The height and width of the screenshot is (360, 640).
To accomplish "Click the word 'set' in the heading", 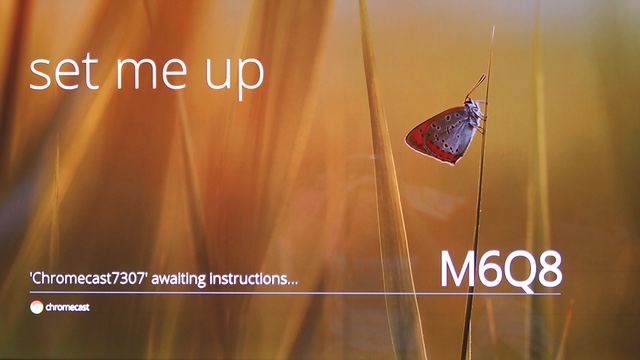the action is (x=64, y=72).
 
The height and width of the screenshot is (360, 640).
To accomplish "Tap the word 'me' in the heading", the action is (x=152, y=74).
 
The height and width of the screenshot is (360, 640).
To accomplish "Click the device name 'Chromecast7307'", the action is (x=88, y=279).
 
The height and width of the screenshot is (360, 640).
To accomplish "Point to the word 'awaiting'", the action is (x=178, y=279).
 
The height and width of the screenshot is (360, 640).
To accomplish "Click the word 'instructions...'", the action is (x=253, y=279).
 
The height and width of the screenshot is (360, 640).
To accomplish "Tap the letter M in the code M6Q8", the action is (x=458, y=269).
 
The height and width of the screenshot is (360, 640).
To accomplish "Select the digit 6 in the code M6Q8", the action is (x=490, y=269).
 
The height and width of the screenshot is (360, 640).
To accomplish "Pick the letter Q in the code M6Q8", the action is (x=520, y=271).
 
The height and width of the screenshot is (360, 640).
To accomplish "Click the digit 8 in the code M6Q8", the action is (x=550, y=269).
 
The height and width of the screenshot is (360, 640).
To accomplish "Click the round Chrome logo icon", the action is (x=36, y=307).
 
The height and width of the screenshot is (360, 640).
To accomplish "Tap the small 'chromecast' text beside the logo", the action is (x=67, y=307).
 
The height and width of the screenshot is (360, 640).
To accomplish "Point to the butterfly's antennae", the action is (x=476, y=87).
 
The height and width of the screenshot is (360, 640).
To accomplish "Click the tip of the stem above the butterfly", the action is (x=494, y=27).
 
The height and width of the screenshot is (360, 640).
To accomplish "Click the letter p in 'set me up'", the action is (x=250, y=80).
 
